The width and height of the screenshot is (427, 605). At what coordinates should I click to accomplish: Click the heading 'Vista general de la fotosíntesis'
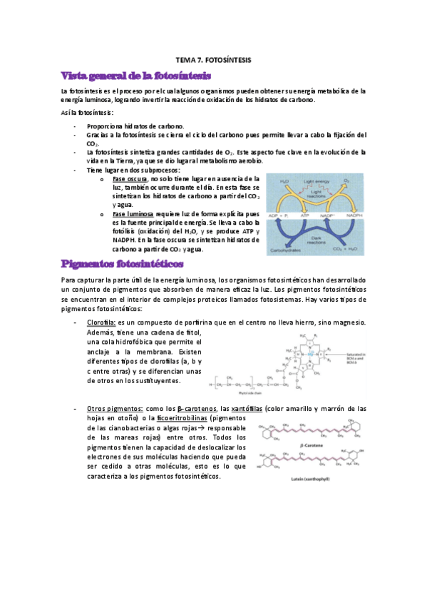(135, 76)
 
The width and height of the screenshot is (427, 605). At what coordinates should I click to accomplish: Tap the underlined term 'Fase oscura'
(130, 178)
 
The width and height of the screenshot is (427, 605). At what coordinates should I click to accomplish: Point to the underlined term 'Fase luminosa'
(133, 213)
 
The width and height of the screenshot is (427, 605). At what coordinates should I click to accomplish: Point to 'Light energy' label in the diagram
(318, 182)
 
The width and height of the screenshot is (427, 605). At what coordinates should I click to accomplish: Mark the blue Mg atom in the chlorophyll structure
(312, 352)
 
